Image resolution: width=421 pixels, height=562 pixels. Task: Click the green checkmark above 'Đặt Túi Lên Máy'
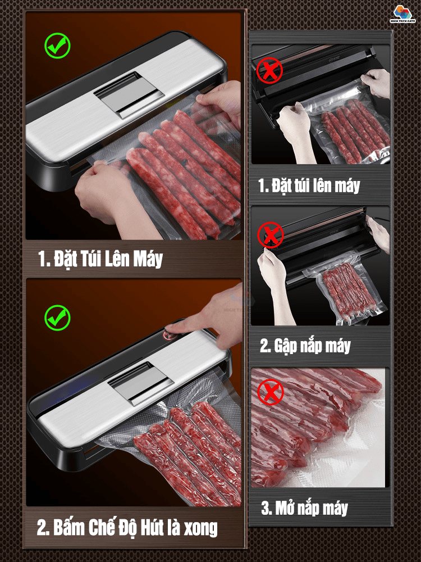click(57, 46)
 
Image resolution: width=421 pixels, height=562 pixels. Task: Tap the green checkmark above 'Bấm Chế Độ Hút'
click(57, 318)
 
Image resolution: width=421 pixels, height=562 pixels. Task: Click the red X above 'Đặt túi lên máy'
click(269, 70)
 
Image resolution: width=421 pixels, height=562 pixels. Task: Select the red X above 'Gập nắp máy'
click(271, 235)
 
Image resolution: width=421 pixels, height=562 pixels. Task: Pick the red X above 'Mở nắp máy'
click(271, 392)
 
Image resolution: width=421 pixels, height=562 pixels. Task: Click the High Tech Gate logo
click(402, 13)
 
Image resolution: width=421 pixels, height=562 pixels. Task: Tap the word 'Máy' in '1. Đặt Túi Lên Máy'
click(148, 259)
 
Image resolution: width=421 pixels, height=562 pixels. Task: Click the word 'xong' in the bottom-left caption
click(200, 528)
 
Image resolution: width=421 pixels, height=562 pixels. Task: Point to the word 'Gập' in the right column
click(286, 346)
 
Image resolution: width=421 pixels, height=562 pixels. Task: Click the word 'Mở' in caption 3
click(285, 507)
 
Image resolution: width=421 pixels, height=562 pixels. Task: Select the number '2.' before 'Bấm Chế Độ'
click(43, 528)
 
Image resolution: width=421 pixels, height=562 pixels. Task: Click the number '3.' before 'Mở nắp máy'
click(266, 508)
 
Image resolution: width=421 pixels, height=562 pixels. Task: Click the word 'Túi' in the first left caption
click(90, 259)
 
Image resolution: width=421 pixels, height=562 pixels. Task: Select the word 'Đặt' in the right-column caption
click(281, 185)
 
